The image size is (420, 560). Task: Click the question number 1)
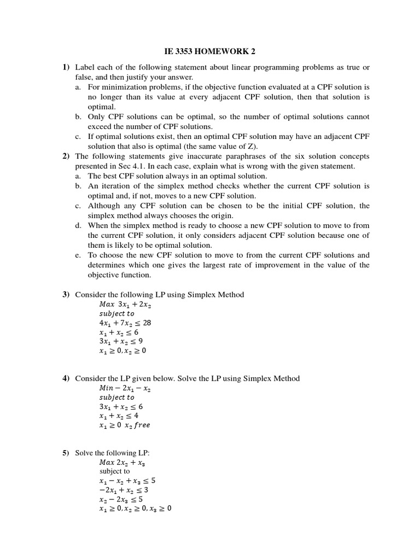pyautogui.click(x=66, y=67)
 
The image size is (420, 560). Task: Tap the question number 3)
pyautogui.click(x=66, y=295)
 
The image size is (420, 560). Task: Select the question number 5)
pyautogui.click(x=66, y=453)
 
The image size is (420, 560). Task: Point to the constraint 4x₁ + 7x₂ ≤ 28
pyautogui.click(x=125, y=323)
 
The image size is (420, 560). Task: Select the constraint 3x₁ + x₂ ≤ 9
pyautogui.click(x=121, y=341)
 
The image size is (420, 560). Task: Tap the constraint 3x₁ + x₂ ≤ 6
pyautogui.click(x=121, y=407)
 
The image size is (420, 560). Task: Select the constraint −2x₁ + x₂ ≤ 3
pyautogui.click(x=124, y=490)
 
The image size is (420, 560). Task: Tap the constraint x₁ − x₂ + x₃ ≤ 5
pyautogui.click(x=127, y=481)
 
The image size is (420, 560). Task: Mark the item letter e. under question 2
pyautogui.click(x=78, y=255)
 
